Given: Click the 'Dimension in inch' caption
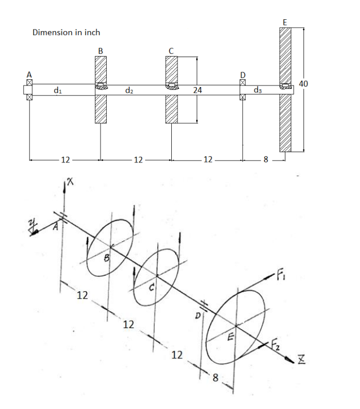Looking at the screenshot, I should [66, 32].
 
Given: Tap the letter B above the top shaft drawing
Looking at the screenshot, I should [101, 50].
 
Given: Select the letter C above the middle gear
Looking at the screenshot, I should [171, 50].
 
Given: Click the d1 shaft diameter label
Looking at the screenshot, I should [57, 89].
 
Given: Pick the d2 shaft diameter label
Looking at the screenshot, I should [129, 89].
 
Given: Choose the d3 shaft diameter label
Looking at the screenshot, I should [258, 89].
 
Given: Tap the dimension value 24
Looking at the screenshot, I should [197, 89].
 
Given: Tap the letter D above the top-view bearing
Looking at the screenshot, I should [243, 74].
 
